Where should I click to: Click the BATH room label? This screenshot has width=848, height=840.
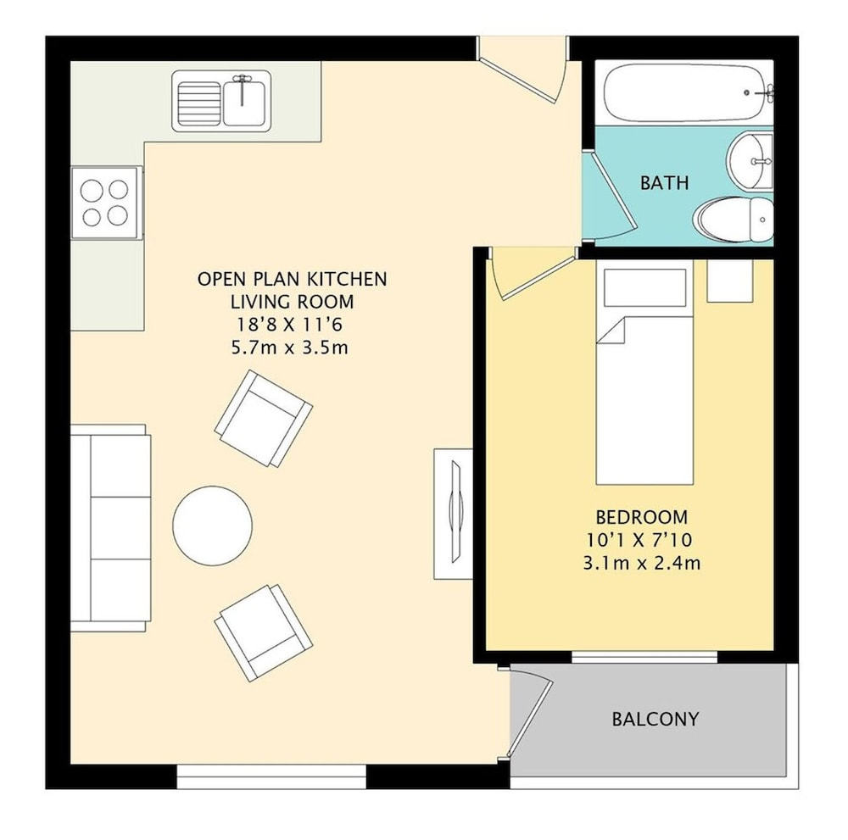pos(664,183)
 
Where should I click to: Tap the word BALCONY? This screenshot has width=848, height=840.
pos(656,719)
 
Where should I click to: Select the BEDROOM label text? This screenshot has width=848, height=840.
pos(641,517)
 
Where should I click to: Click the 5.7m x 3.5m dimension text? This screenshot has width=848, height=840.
pos(289,347)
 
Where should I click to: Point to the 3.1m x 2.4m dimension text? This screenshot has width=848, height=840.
pos(641,563)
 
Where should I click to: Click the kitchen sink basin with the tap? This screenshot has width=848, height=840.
pos(246,101)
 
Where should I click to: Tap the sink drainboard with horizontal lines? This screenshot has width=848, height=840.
pos(199,103)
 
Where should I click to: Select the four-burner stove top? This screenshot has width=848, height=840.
pos(104,203)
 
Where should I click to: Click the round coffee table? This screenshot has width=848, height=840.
pos(213,526)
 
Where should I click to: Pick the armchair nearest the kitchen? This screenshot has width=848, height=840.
pos(264,419)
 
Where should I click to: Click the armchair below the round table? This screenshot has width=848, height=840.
pos(264,633)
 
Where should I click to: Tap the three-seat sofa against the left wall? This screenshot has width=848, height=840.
pos(110,528)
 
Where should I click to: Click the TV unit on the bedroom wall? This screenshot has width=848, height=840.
pos(453,514)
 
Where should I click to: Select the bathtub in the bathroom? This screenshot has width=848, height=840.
pos(684,92)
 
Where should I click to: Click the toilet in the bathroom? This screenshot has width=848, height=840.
pos(734,219)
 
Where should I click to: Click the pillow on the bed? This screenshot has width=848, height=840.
pos(644,287)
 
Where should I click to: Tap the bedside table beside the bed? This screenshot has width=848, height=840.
pos(730,281)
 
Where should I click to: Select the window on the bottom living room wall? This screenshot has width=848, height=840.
pos(271,776)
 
